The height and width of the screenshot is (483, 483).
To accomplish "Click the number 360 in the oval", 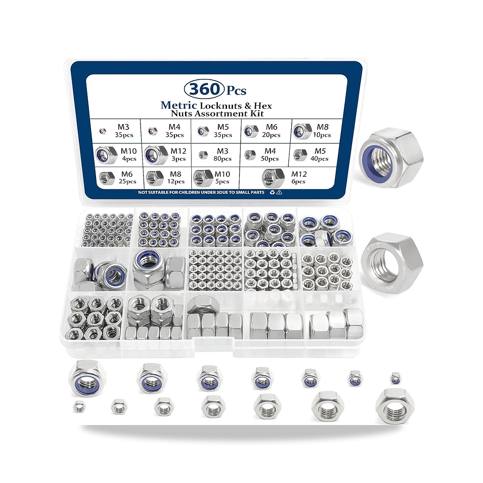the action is point(204,89).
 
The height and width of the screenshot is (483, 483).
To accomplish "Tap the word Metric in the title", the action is point(179,105).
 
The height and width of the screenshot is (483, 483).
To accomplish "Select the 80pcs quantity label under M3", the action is point(222,159).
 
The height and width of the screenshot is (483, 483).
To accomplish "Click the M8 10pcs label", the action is point(322,130).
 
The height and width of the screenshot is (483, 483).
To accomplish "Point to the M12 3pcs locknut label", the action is point(178,155).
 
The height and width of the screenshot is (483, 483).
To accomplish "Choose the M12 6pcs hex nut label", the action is point(299,177).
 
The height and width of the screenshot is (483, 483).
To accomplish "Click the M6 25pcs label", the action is point(127,178).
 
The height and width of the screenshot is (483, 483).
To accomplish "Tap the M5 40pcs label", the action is point(320,155).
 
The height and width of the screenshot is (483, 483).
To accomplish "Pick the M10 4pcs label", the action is point(128,155).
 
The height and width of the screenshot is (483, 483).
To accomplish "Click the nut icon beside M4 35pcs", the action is point(153,131).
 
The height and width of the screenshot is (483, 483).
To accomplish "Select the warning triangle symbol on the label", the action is point(279,192).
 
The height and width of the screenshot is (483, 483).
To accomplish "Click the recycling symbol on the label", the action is point(272,192).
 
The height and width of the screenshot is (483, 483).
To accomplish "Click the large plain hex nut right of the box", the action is point(392,263).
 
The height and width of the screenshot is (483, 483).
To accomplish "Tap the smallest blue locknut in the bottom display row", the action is point(396,378).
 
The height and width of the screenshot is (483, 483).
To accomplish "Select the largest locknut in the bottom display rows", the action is point(87,378).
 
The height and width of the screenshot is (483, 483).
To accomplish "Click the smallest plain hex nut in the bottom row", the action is point(80,407).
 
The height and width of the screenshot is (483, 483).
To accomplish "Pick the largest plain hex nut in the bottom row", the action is point(395,406).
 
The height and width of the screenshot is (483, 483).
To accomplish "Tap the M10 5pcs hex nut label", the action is point(222,178).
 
